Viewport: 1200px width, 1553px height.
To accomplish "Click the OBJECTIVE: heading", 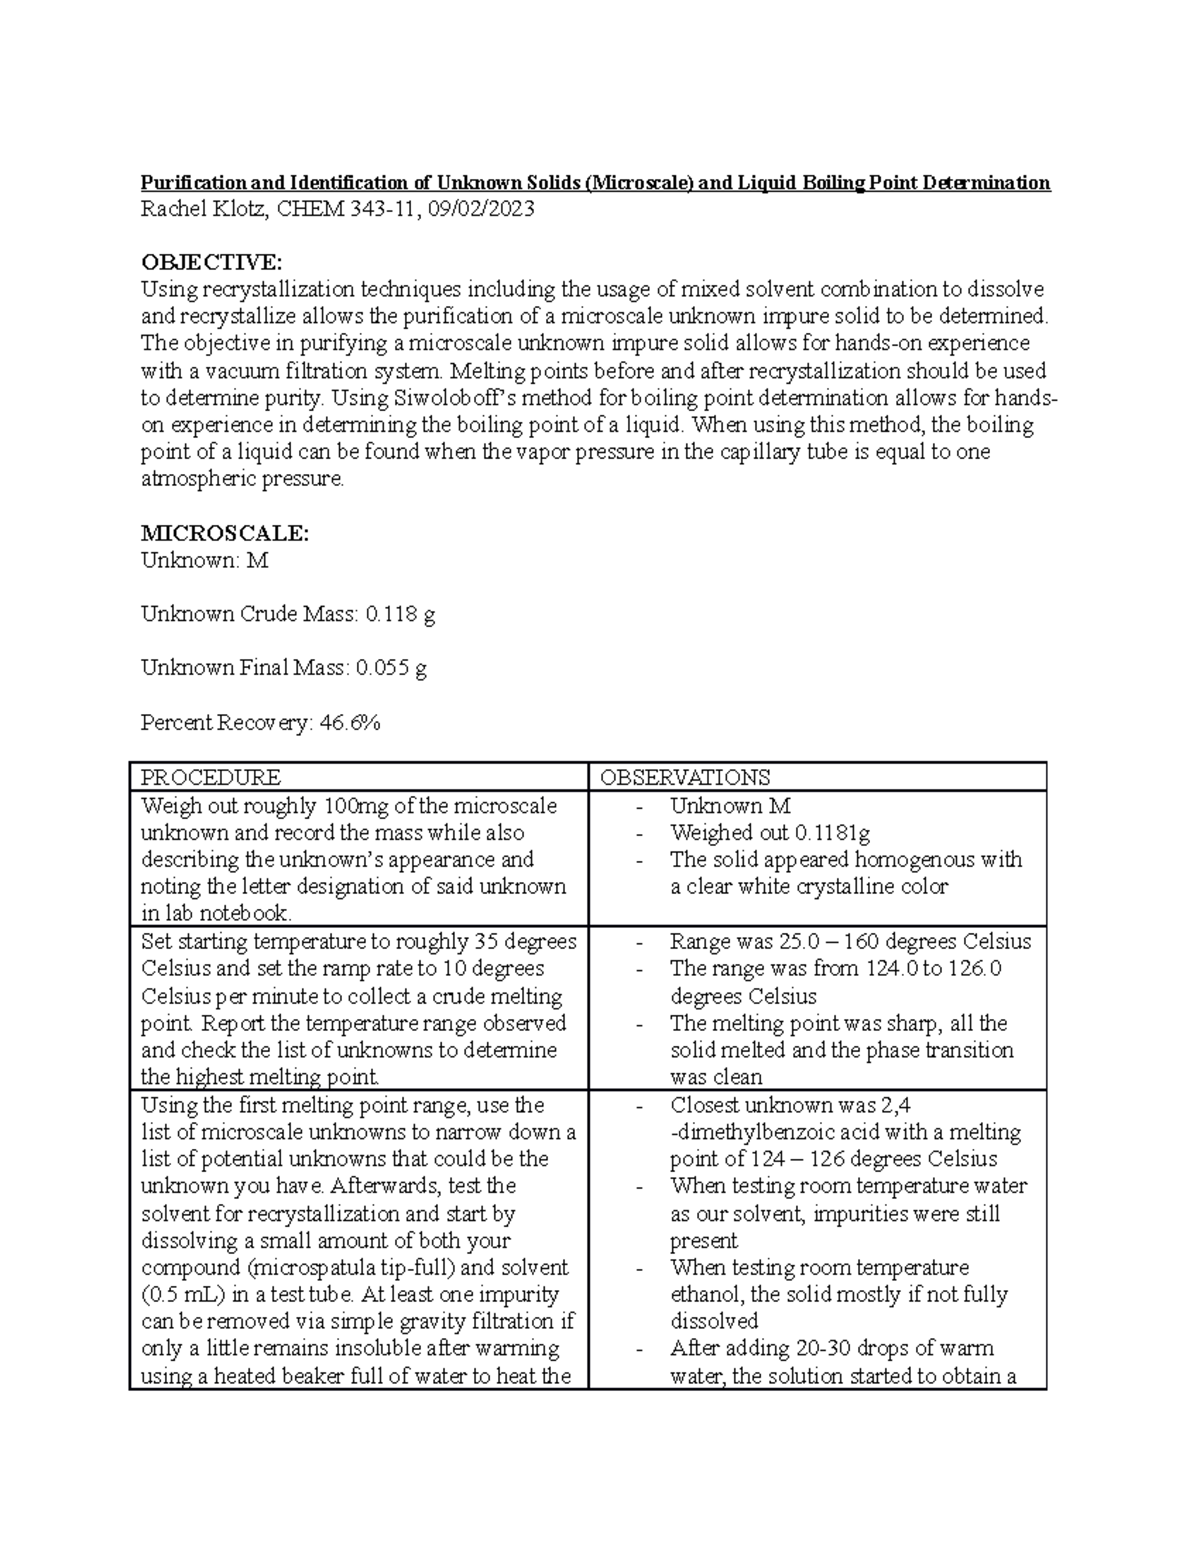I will (211, 262).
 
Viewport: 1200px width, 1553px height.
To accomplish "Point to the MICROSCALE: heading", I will (225, 533).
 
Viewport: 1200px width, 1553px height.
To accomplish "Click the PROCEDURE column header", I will (211, 777).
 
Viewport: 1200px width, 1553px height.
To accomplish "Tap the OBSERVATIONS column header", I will (684, 777).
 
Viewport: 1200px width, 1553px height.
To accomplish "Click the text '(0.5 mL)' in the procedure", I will (180, 1294).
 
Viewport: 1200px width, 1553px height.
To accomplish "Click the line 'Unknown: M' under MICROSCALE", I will (204, 560).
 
